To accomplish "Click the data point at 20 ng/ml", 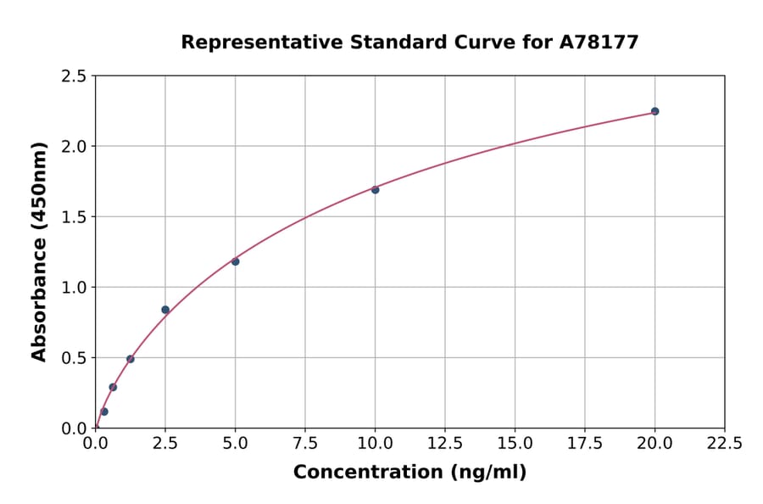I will (654, 111).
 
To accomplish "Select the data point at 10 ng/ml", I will (375, 189).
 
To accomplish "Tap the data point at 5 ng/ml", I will (235, 261).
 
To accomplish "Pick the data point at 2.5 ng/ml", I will (165, 310).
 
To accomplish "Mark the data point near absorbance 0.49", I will (131, 359).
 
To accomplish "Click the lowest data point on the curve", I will (104, 412).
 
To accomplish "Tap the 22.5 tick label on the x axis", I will (724, 444).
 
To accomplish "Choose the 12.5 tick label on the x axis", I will (445, 444).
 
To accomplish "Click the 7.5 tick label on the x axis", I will (305, 444).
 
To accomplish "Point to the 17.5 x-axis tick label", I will (585, 444).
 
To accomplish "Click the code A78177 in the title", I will (600, 42).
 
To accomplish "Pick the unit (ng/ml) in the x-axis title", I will (487, 473).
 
